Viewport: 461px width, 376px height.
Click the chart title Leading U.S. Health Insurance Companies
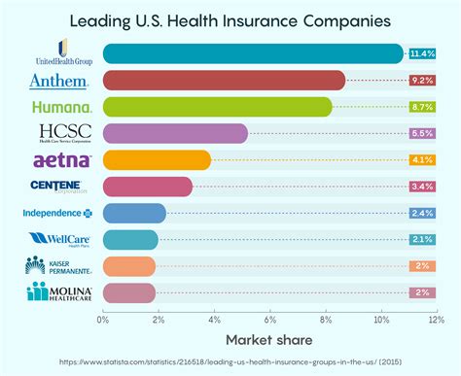[230, 19]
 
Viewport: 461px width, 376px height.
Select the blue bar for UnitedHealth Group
[251, 53]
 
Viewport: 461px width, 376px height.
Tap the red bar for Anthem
[223, 80]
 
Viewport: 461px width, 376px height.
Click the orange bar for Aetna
[156, 159]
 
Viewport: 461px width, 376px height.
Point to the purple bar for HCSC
[174, 133]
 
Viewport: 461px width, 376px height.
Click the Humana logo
[61, 106]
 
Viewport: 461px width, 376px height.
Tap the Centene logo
[61, 186]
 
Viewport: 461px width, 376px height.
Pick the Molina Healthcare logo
[61, 291]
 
